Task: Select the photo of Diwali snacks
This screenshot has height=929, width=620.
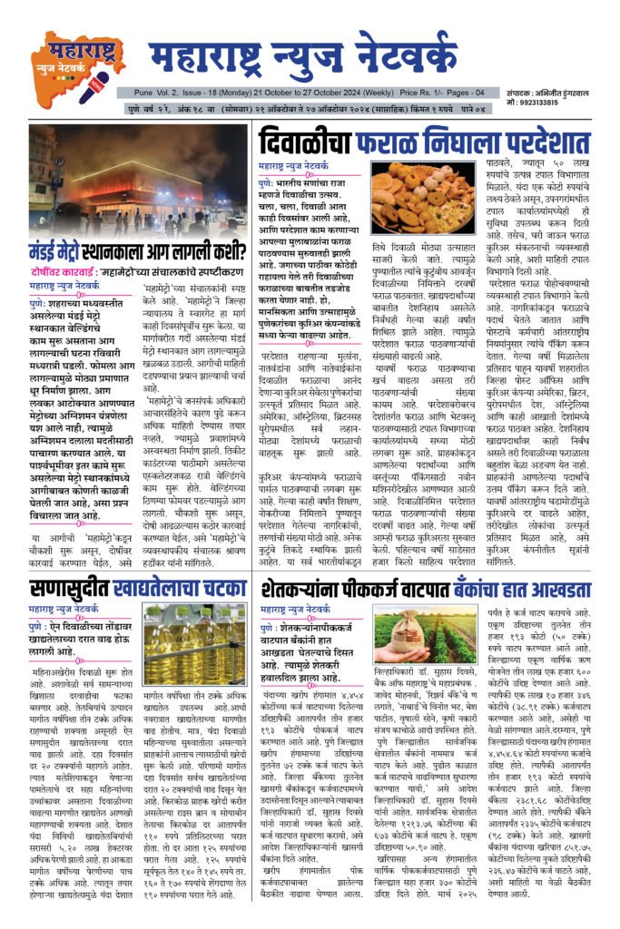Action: pos(416,199)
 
